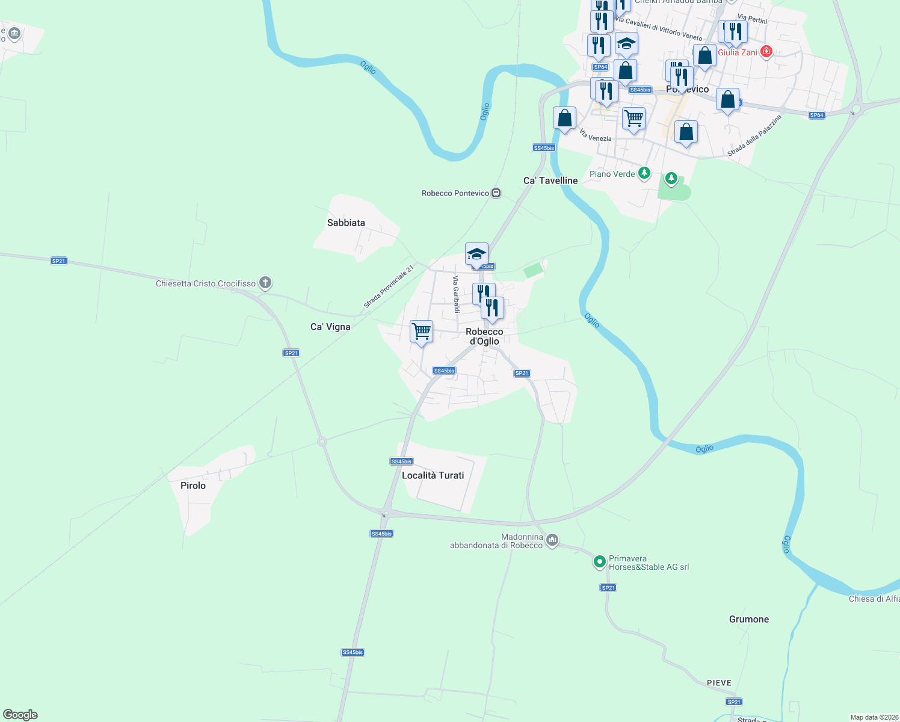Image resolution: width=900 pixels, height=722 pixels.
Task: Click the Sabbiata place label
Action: point(346,223)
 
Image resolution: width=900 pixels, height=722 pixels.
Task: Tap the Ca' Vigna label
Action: point(330,327)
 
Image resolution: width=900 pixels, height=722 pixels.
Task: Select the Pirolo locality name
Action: point(193,486)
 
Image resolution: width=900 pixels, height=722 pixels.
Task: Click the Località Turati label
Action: point(433,475)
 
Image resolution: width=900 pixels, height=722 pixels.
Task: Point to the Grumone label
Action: point(748,619)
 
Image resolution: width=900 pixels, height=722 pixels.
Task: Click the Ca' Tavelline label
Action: point(550,180)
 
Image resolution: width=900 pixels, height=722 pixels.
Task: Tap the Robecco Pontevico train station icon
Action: point(496,193)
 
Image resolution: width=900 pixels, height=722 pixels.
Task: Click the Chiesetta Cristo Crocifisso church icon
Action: point(265,283)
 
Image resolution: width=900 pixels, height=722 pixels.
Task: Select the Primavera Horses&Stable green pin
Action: point(599,562)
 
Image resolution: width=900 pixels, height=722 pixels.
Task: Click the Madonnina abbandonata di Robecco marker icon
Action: point(552,540)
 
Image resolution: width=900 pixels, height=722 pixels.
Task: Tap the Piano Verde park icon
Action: point(644,173)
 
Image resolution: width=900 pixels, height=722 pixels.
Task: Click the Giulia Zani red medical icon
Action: point(766,52)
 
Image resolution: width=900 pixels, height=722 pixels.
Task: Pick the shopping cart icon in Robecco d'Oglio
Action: point(421,331)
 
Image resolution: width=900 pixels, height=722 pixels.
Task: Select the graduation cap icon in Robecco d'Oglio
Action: point(476,254)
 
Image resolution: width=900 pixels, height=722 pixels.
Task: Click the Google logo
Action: point(20,714)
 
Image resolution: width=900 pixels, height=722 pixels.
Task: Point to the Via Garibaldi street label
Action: point(456,294)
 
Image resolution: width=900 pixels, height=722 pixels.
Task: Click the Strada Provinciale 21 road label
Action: point(389,287)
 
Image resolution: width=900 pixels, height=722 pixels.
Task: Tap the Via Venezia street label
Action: point(596,135)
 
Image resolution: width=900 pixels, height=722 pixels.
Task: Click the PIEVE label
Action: point(719,683)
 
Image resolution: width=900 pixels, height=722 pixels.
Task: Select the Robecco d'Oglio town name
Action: point(484,336)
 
